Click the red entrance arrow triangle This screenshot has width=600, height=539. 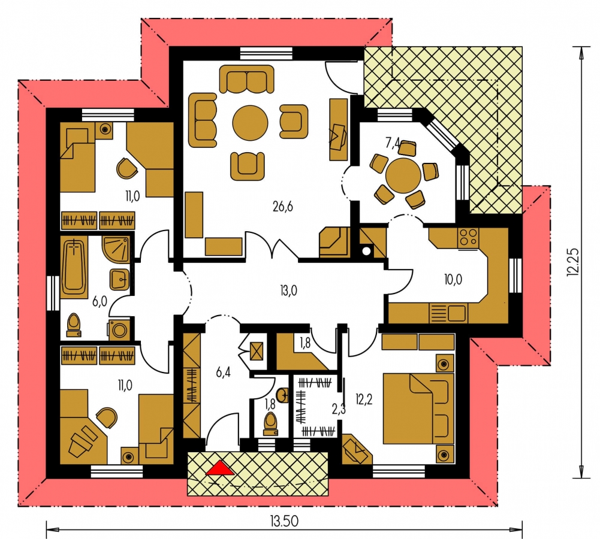click(x=219, y=468)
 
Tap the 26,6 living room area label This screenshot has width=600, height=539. click(x=283, y=207)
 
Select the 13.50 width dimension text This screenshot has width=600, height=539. click(x=284, y=520)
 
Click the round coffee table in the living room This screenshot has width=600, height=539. click(x=251, y=123)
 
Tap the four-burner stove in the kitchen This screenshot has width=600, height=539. click(x=468, y=237)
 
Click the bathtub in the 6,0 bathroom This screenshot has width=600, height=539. click(x=74, y=267)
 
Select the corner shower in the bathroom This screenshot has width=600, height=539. click(x=116, y=249)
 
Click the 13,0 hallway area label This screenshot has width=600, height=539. click(x=288, y=290)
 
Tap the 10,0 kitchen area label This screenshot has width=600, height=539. click(x=453, y=280)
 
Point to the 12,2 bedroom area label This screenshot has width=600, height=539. click(x=363, y=399)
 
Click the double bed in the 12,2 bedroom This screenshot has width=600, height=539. click(x=418, y=408)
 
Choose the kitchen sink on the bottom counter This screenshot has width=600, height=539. click(x=448, y=313)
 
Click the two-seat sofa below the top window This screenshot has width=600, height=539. click(x=247, y=79)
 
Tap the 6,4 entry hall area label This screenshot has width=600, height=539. click(x=223, y=371)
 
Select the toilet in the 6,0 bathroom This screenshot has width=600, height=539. click(x=74, y=325)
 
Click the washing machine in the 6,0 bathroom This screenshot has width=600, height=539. click(x=119, y=330)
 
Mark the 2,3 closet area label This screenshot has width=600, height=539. click(x=339, y=409)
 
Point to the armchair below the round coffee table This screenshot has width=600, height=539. click(x=248, y=166)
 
